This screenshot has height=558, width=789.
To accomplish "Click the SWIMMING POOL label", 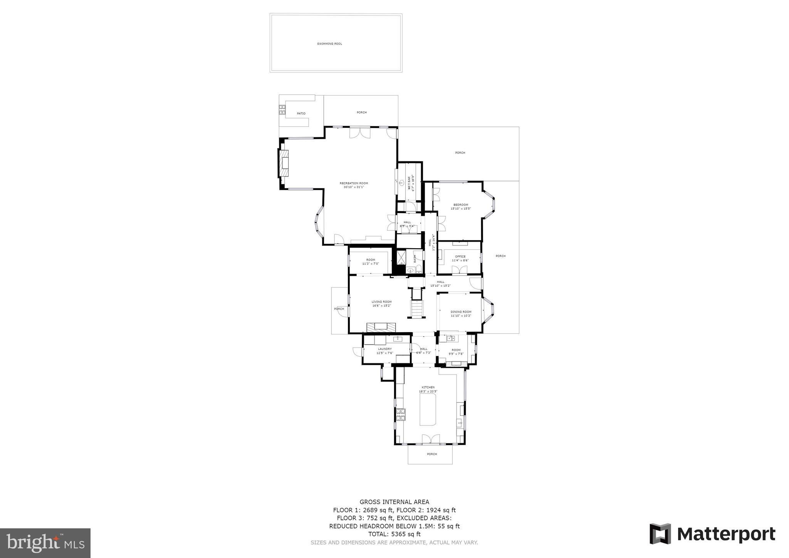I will point(329,44).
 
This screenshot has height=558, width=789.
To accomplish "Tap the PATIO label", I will point(301,113).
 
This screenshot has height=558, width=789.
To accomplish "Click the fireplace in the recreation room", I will point(284,163).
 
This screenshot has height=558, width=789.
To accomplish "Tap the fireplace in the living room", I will point(381,327).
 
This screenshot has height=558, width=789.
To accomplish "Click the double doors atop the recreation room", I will point(360,133).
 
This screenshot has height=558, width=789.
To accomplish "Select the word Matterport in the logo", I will point(726,534).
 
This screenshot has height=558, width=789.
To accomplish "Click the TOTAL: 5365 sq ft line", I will point(394,534).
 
